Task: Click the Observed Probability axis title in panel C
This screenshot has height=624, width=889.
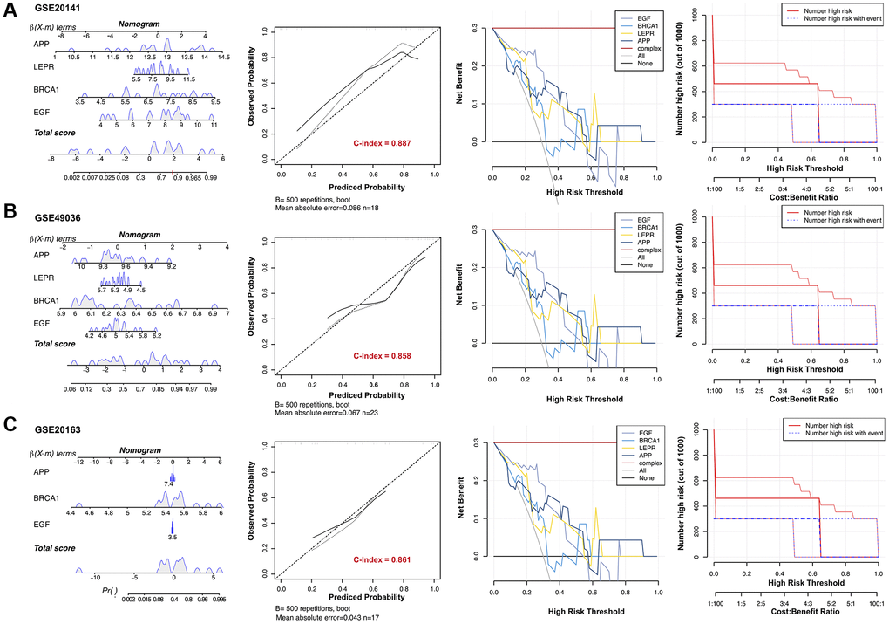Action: (x=251, y=504)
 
